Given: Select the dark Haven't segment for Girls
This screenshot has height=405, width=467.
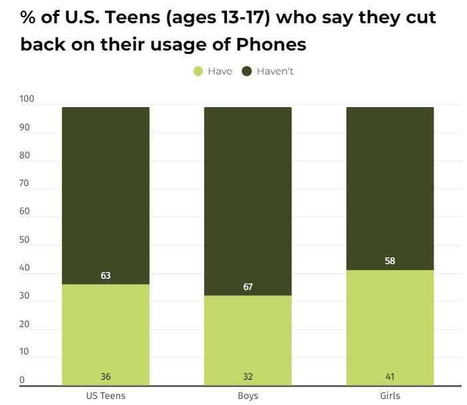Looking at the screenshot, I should pos(390,186).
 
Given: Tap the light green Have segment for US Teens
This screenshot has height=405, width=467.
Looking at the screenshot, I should pos(105,333).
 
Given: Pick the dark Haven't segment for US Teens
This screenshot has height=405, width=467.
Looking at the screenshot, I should pos(105,193).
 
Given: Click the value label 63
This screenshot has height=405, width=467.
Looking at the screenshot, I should pos(105,275).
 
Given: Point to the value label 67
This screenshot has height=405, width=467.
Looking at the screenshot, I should pos(247,287).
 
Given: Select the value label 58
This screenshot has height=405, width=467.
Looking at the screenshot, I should pos(390,261).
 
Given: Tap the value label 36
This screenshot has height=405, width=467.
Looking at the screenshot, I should pos(105,376).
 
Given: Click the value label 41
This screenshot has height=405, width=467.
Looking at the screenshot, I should pos(390,376).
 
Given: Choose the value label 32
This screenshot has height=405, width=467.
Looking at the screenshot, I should pos(247,376).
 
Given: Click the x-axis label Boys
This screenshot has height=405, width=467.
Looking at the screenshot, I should pos(247,396).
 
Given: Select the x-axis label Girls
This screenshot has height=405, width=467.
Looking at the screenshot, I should pos(390,396).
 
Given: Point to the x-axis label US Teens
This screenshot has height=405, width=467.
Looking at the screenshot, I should pos(105,396).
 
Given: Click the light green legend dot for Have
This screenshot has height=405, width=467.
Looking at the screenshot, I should pos(198,71).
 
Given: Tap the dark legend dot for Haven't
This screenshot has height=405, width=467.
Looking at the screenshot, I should pos(246,71).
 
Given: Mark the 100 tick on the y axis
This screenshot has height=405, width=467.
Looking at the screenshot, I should pos(27,99).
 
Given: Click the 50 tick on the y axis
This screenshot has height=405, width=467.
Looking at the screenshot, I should pos(25,239).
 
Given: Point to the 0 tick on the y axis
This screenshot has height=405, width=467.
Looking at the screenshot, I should pos(22,380).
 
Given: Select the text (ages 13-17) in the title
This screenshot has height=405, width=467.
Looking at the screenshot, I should pos(220,17).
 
